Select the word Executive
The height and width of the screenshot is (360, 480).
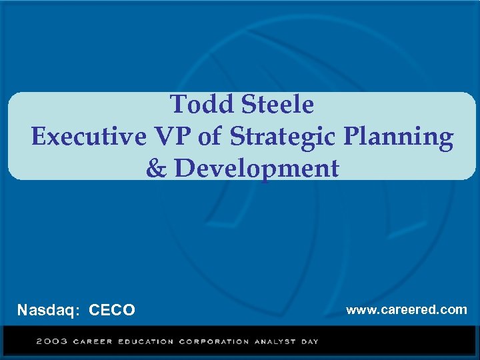pyautogui.click(x=89, y=137)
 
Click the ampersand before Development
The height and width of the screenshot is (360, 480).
pyautogui.click(x=156, y=169)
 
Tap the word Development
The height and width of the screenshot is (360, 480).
pyautogui.click(x=257, y=169)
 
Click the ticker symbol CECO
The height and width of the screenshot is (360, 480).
pyautogui.click(x=112, y=310)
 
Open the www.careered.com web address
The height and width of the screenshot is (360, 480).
pyautogui.click(x=406, y=309)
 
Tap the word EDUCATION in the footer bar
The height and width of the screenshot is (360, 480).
pyautogui.click(x=146, y=342)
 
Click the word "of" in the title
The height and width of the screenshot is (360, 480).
pyautogui.click(x=210, y=137)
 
